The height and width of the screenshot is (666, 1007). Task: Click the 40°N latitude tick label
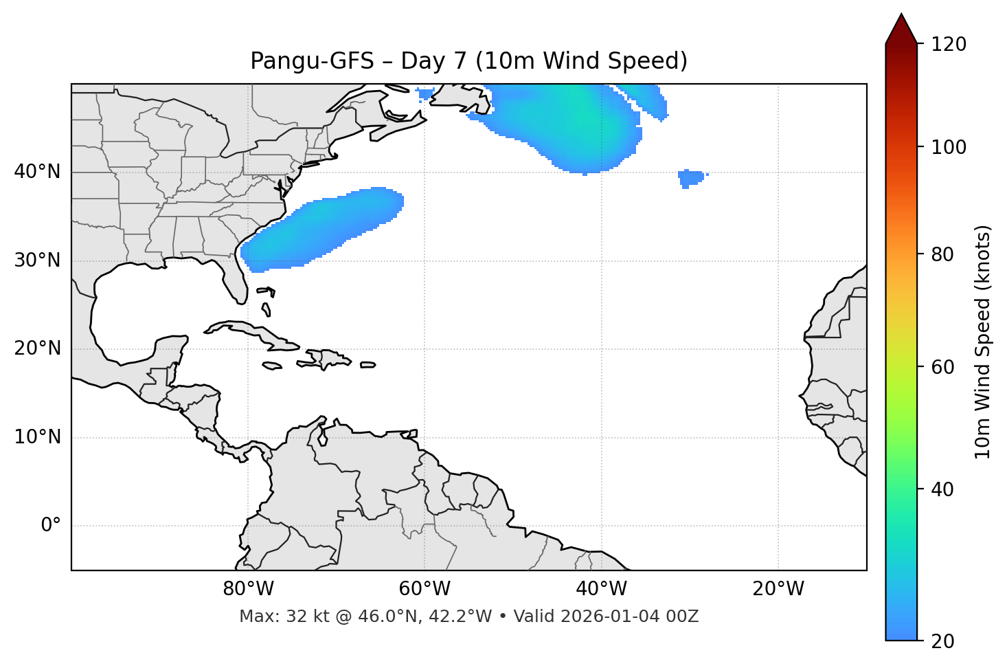tap(37, 172)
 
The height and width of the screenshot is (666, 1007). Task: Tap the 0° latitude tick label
tap(50, 526)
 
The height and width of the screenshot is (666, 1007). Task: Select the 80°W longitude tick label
tap(248, 589)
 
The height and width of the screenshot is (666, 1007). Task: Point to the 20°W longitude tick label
tap(778, 589)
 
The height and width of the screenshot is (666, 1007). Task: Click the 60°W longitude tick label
tap(425, 589)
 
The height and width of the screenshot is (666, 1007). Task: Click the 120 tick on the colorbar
tap(949, 44)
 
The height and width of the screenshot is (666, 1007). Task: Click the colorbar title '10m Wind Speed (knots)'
tap(983, 342)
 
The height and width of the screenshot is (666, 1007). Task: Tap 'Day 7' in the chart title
tap(433, 61)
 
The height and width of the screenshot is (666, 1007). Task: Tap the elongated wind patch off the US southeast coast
tap(323, 228)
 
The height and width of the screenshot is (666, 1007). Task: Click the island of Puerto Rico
tap(367, 365)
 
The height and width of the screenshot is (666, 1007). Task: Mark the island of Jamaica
tap(272, 366)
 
